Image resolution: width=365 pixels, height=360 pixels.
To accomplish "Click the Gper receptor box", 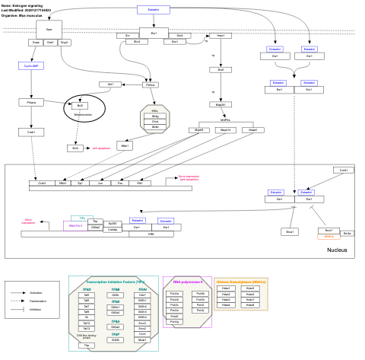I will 49,30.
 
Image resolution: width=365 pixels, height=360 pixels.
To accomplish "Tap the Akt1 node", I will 110,84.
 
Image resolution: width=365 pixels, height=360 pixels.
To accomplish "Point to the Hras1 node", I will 220,36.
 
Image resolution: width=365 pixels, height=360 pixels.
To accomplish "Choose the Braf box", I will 220,70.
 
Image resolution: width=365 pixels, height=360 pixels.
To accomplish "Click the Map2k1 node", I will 220,104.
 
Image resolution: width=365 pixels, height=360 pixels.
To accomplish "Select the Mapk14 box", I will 225,130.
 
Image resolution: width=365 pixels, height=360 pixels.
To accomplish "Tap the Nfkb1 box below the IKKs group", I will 125,145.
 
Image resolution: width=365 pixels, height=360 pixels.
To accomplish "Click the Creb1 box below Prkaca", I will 31,132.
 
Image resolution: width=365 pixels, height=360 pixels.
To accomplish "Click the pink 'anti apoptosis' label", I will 101,148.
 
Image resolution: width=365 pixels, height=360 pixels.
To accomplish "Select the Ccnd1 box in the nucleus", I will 344,170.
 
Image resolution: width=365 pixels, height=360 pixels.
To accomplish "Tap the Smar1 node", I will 290,231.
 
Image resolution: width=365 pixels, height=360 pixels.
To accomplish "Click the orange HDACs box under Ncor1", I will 328,237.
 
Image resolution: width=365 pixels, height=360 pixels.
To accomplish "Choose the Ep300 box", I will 113,223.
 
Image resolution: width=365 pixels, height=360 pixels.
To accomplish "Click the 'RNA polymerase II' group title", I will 184,281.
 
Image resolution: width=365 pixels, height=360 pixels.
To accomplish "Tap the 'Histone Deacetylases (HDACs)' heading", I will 241,282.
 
